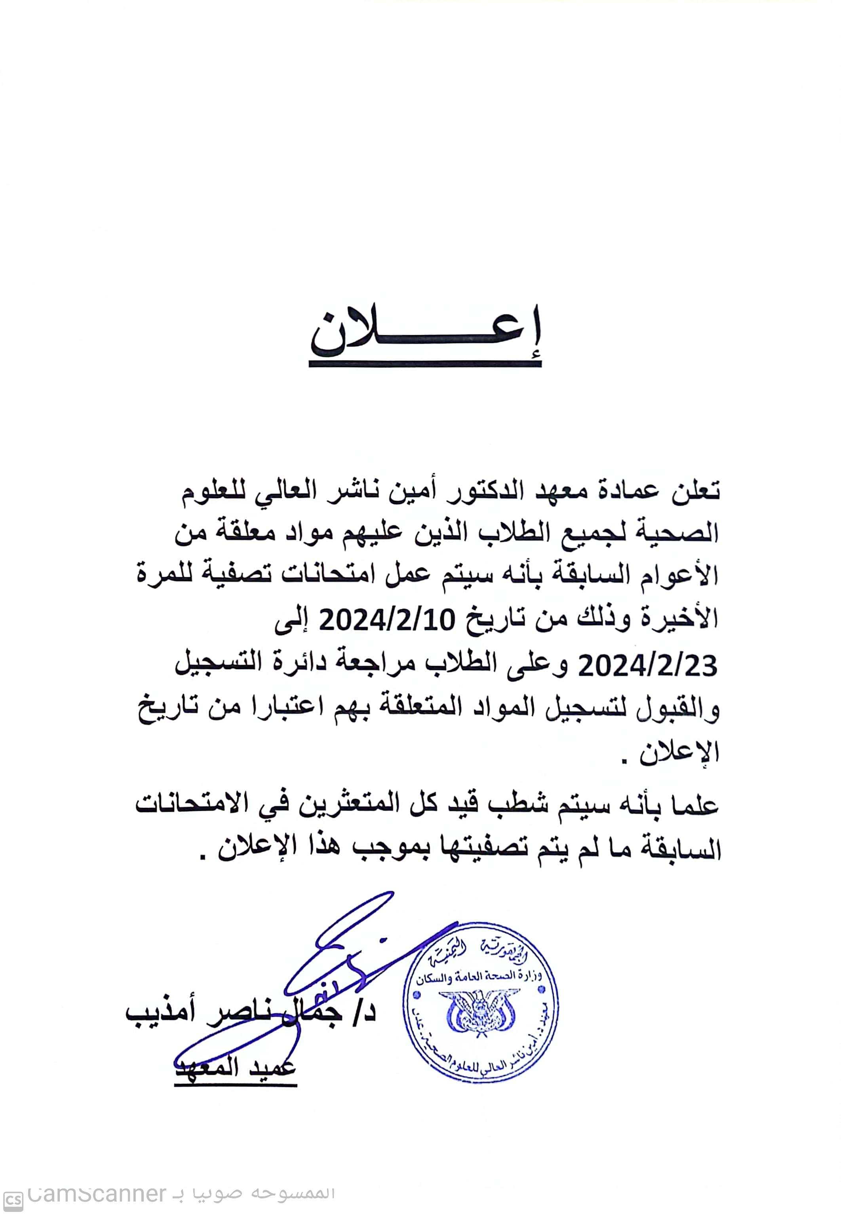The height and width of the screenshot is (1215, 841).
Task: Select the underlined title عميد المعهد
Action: click(x=236, y=1066)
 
